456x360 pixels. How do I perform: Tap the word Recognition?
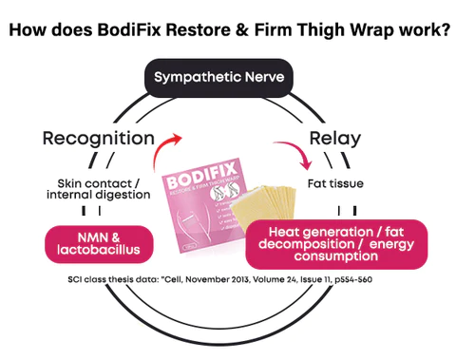click(x=98, y=139)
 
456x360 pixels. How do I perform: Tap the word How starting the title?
click(x=27, y=28)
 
